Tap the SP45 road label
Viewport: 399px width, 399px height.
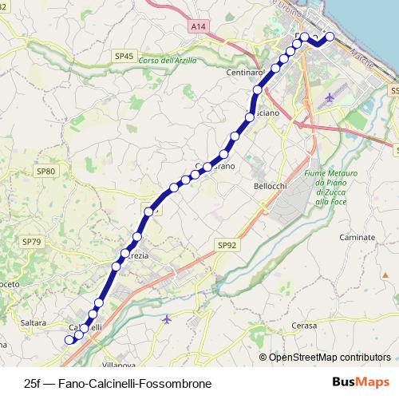pyautogui.click(x=123, y=57)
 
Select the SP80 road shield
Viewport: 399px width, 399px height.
pyautogui.click(x=47, y=172)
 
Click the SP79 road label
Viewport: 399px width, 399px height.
pyautogui.click(x=31, y=241)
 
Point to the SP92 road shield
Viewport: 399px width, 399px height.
pyautogui.click(x=227, y=246)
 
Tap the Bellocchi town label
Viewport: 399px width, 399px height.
pyautogui.click(x=269, y=187)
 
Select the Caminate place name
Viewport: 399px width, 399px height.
pyautogui.click(x=357, y=238)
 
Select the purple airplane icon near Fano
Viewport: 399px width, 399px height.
pyautogui.click(x=330, y=98)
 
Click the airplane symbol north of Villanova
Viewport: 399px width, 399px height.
pyautogui.click(x=166, y=319)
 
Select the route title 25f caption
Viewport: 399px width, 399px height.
pyautogui.click(x=118, y=384)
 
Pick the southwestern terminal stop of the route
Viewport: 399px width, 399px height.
pyautogui.click(x=69, y=340)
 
